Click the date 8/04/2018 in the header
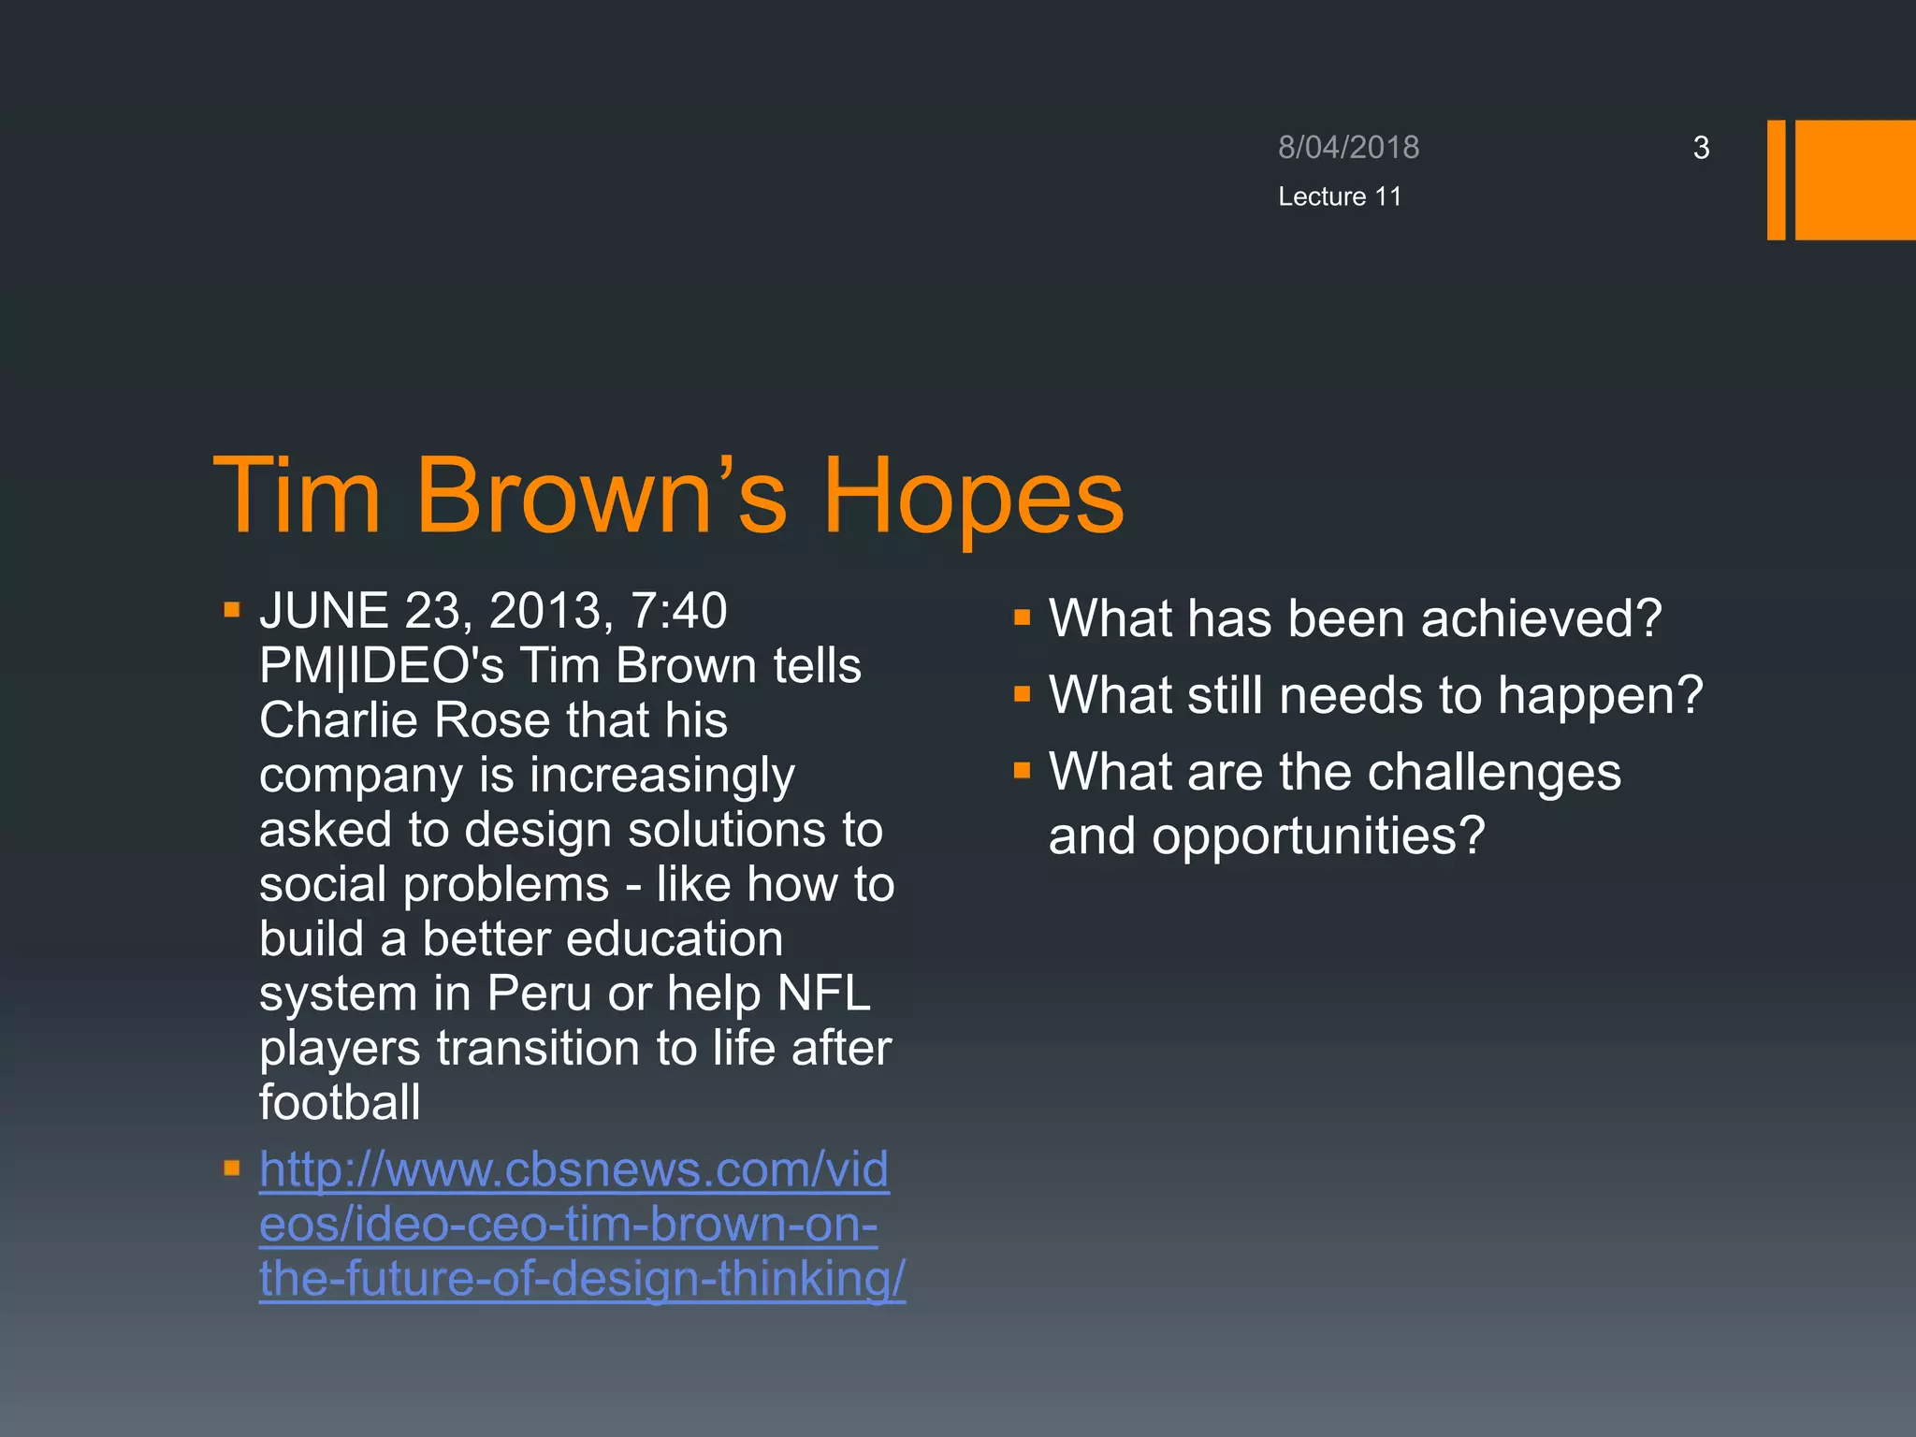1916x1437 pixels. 1348,148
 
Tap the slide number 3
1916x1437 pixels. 1701,148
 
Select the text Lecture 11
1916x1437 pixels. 1340,196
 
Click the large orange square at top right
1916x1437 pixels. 1855,180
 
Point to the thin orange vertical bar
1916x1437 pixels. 1776,180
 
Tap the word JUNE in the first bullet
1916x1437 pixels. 324,611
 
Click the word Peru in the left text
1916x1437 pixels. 540,994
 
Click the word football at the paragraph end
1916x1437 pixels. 340,1102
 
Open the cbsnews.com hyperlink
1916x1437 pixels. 573,1224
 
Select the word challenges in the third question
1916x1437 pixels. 1496,773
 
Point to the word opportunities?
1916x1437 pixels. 1318,835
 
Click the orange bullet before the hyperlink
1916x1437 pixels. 232,1168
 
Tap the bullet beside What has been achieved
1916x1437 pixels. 1022,617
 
